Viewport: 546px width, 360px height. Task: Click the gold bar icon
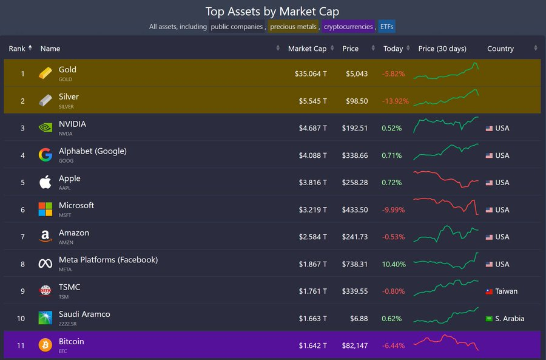click(45, 73)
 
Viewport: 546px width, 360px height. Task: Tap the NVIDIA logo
click(45, 128)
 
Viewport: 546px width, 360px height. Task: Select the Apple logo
click(45, 182)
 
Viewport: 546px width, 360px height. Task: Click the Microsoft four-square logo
click(45, 209)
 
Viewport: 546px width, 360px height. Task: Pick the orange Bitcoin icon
click(45, 345)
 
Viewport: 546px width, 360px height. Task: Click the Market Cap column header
click(307, 49)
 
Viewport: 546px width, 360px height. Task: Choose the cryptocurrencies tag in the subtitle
click(348, 27)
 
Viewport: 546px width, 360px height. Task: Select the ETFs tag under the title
click(386, 27)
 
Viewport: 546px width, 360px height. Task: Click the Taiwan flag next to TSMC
click(489, 291)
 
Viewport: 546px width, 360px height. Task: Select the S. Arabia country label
click(510, 319)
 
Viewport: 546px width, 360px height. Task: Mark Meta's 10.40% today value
click(393, 264)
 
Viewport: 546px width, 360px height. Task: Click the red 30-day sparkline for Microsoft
click(446, 206)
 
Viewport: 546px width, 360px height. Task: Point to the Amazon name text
click(74, 233)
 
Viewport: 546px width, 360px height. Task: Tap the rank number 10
click(21, 319)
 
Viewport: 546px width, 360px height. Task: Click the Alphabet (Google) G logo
click(45, 155)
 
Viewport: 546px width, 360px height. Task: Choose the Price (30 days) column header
click(442, 49)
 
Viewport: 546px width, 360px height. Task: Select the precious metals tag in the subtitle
click(293, 27)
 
